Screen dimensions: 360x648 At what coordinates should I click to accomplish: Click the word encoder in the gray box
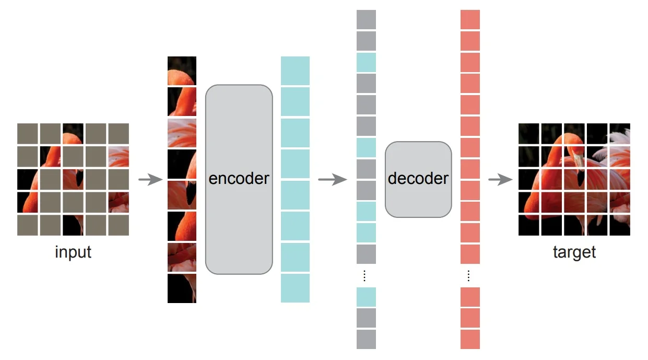coord(239,179)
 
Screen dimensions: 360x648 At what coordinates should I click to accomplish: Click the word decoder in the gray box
coord(418,179)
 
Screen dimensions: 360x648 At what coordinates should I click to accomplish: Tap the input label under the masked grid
coord(73,252)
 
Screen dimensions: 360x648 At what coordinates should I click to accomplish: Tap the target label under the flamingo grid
coord(574,252)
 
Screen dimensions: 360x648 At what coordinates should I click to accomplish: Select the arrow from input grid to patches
coord(150,180)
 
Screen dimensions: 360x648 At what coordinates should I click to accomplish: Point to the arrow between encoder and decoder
coord(332,180)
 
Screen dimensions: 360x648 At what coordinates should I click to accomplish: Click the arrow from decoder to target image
coord(500,180)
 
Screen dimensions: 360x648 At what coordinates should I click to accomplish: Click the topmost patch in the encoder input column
coord(182,71)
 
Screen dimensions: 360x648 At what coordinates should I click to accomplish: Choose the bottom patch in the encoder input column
coord(182,288)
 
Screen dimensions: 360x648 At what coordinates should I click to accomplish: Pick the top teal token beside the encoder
coord(295,71)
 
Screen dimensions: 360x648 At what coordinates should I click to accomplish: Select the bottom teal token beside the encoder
coord(295,288)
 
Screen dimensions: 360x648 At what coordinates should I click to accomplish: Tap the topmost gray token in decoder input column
coord(366,19)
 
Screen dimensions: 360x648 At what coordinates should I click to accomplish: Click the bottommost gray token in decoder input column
coord(366,339)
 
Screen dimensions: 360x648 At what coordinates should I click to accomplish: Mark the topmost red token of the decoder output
coord(470,19)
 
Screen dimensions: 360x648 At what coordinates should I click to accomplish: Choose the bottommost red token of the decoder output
coord(470,339)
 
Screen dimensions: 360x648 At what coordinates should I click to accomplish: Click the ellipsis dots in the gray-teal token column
coord(365,275)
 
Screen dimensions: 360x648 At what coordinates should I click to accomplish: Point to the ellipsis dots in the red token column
coord(469,275)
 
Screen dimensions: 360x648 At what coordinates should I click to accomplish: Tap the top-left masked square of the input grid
coord(27,133)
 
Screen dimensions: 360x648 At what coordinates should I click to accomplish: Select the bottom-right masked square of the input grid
coord(119,225)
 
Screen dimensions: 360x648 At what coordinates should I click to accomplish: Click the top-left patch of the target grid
coord(528,133)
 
